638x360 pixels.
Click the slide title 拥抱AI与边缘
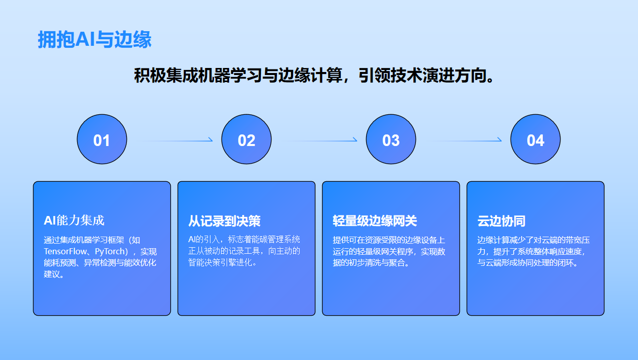click(95, 39)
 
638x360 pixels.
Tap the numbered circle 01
click(102, 139)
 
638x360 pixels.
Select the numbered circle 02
click(246, 139)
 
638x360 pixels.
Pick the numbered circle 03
click(391, 139)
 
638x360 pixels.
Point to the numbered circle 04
click(535, 139)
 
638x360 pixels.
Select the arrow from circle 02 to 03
click(319, 140)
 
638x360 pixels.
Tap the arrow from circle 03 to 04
click(463, 140)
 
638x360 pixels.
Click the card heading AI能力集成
click(74, 221)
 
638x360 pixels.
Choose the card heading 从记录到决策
click(224, 221)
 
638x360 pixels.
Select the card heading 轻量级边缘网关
click(375, 221)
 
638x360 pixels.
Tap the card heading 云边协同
click(502, 221)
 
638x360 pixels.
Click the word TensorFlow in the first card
click(65, 251)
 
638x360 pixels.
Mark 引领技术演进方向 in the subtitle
click(422, 76)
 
